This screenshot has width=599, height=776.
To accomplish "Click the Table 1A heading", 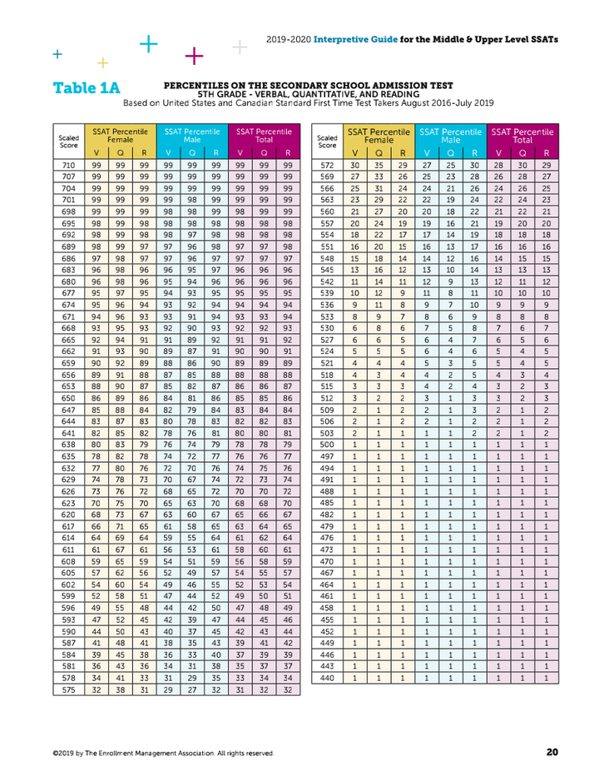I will (87, 88).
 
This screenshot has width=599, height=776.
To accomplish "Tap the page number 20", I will (552, 752).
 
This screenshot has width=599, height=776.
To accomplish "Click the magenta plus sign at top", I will (194, 56).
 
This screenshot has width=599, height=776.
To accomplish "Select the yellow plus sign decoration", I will (103, 62).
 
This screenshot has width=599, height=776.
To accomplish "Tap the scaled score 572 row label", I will (327, 166).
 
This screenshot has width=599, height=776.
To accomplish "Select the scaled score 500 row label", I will (327, 445).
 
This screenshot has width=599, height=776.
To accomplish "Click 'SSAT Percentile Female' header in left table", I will (120, 136).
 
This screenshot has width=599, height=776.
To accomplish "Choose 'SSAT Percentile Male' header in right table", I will (450, 136).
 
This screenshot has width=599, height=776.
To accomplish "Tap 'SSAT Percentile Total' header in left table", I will (264, 136).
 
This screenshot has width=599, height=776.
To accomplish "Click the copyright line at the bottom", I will (162, 753).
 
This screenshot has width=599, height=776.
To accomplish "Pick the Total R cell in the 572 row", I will (546, 166).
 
